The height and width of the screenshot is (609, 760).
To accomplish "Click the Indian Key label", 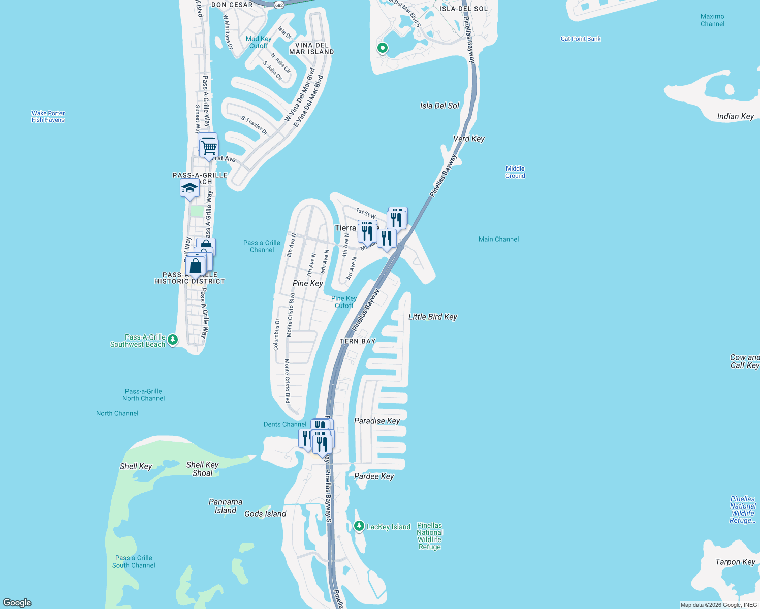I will click(735, 116).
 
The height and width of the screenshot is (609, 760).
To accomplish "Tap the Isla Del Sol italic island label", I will click(439, 106).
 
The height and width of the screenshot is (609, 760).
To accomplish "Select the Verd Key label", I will click(468, 139).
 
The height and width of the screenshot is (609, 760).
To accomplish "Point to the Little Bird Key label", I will click(432, 317).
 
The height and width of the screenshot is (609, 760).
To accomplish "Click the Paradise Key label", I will click(377, 421).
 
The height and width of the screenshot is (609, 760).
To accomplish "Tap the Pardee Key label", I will click(374, 476).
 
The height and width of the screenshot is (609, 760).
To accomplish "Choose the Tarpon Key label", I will click(735, 562).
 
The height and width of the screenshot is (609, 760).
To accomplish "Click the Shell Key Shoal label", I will click(202, 469).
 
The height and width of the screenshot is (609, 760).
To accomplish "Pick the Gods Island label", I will click(265, 514).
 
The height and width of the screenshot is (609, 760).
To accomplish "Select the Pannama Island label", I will click(226, 506).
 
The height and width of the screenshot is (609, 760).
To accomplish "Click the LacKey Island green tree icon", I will click(359, 526).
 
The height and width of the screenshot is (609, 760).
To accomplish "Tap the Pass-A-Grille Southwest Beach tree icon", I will click(173, 340).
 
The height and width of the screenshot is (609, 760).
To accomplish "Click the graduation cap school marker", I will click(189, 189).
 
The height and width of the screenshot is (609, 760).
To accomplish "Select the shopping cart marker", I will click(209, 148).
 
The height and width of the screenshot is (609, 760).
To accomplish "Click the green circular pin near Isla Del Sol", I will click(383, 48).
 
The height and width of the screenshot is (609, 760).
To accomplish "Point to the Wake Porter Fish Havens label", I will click(48, 117).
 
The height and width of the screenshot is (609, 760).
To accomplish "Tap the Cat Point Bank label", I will click(581, 39).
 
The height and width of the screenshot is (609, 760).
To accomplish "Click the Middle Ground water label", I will click(515, 172).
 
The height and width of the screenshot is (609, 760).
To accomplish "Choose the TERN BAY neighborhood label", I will click(358, 341).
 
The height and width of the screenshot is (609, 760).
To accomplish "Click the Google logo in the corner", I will click(17, 602).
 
